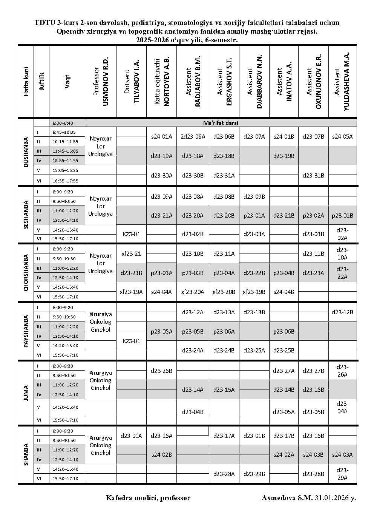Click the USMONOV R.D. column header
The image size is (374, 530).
[x=101, y=81]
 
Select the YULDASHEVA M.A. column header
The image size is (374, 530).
[x=342, y=81]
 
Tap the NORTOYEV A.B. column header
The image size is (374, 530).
[x=161, y=81]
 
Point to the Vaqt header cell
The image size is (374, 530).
[x=67, y=81]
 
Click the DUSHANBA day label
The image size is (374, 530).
[x=26, y=152]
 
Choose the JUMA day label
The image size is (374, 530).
[x=26, y=393]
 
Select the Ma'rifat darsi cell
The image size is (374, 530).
[x=221, y=123]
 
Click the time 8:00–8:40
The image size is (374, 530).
[x=63, y=123]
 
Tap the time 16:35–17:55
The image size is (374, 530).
[x=66, y=181]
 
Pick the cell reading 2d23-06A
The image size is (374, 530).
[x=193, y=137]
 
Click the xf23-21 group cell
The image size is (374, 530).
[x=131, y=254]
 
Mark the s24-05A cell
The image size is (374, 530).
[x=342, y=137]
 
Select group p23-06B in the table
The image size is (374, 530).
[x=284, y=332]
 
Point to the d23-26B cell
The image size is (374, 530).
[x=161, y=371]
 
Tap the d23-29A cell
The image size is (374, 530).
[x=342, y=474]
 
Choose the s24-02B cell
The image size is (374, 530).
[x=161, y=455]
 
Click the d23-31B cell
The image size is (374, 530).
[x=313, y=176]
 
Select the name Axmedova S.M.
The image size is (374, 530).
[x=287, y=498]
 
